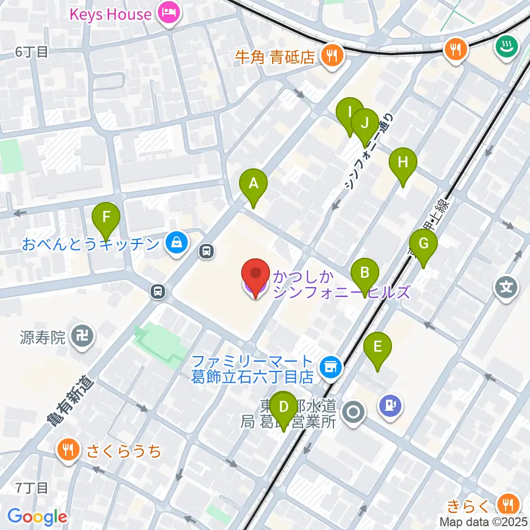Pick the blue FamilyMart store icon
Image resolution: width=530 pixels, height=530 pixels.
coord(331,367)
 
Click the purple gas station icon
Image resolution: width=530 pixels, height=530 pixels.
coord(391,406)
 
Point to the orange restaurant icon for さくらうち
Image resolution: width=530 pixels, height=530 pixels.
coord(69,451)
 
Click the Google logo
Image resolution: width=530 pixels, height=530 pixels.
coord(37,517)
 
